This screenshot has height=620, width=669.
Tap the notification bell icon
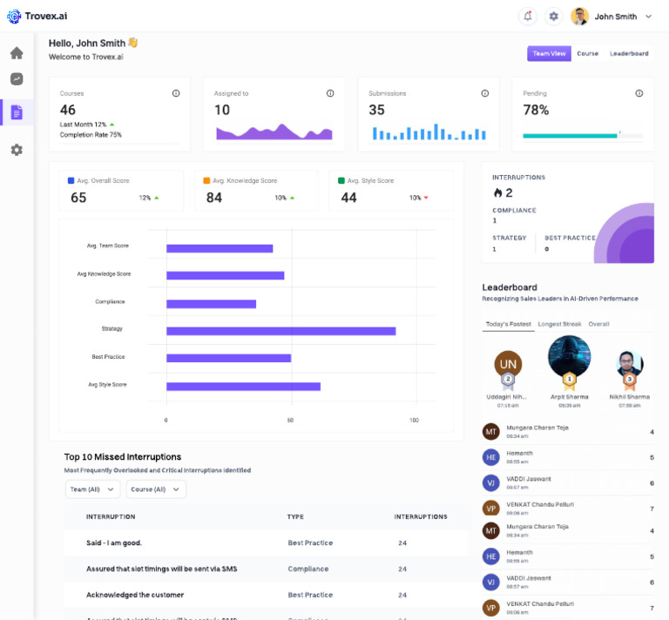pyautogui.click(x=527, y=17)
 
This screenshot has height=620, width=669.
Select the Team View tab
pyautogui.click(x=549, y=54)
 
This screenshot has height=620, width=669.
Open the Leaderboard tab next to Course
pyautogui.click(x=629, y=54)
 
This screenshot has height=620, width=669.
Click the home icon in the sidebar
pyautogui.click(x=17, y=53)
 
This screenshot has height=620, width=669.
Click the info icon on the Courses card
pyautogui.click(x=176, y=93)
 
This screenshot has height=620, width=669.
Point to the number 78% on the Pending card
pyautogui.click(x=536, y=110)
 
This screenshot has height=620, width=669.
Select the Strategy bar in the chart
pyautogui.click(x=280, y=331)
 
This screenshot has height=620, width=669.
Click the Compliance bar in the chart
pyautogui.click(x=211, y=304)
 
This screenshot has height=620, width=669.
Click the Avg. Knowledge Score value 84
pyautogui.click(x=214, y=198)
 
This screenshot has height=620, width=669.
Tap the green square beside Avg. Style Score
pyautogui.click(x=342, y=181)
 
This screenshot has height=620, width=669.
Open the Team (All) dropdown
pyautogui.click(x=92, y=489)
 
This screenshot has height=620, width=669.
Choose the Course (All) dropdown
pyautogui.click(x=155, y=489)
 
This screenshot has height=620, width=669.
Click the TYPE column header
pyautogui.click(x=295, y=516)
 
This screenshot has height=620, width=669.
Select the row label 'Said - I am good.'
pyautogui.click(x=114, y=542)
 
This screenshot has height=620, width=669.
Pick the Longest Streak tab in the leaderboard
pyautogui.click(x=559, y=324)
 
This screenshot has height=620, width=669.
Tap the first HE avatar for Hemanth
pyautogui.click(x=491, y=457)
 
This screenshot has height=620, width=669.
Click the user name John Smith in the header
pyautogui.click(x=616, y=17)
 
